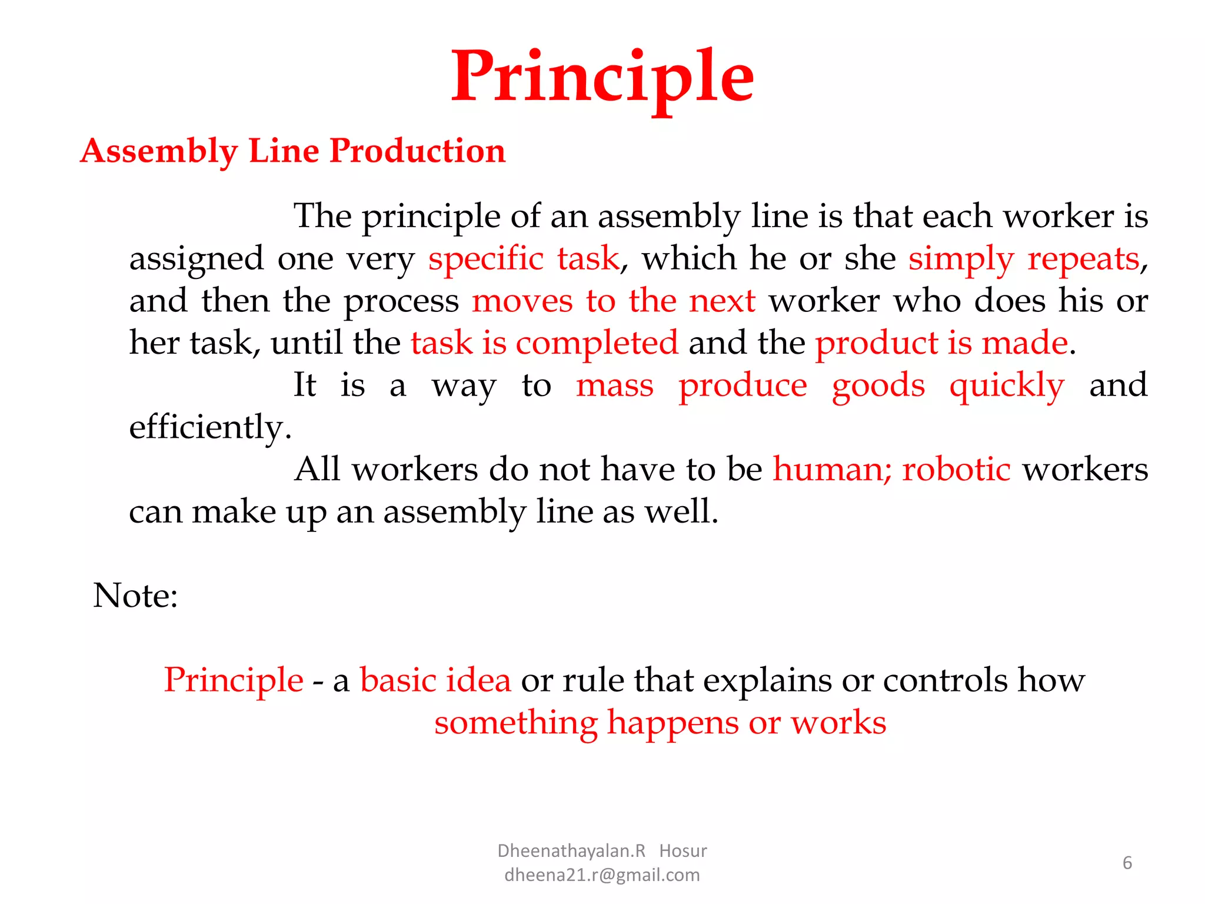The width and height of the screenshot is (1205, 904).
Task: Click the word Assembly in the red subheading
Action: click(x=159, y=151)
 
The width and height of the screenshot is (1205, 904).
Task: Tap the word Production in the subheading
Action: click(x=417, y=151)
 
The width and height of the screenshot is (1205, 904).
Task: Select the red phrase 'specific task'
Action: click(x=524, y=259)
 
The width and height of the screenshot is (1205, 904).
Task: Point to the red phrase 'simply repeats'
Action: click(x=1024, y=259)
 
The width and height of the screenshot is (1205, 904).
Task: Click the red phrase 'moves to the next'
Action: click(x=614, y=301)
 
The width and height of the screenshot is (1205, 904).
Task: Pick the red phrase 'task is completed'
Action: click(x=544, y=343)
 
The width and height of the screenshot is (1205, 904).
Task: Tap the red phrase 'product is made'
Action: click(x=941, y=343)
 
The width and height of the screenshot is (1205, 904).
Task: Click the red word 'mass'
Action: click(x=614, y=386)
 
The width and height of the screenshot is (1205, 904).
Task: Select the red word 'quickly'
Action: click(x=1007, y=386)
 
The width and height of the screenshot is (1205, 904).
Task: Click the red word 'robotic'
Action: click(x=956, y=470)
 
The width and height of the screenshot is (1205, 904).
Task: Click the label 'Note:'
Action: click(x=135, y=596)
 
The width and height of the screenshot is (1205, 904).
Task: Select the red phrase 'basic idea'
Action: click(x=435, y=680)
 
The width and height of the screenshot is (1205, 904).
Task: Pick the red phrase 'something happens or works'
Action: click(x=660, y=723)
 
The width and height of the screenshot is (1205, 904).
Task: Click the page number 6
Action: click(x=1127, y=863)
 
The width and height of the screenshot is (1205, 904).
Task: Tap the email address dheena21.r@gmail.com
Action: click(x=602, y=875)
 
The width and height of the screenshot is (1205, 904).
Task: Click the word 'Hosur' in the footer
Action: click(x=683, y=851)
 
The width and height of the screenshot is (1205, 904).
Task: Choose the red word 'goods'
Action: click(x=878, y=386)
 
